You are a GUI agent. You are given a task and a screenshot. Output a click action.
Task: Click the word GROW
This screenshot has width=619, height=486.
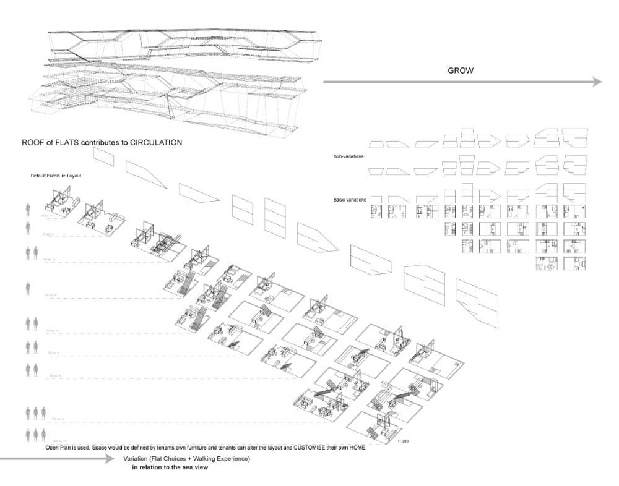click(x=461, y=71)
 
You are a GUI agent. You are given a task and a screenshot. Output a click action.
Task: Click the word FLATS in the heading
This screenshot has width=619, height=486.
click(x=66, y=142)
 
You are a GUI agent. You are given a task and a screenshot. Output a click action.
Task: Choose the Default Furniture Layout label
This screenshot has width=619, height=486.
click(x=56, y=176)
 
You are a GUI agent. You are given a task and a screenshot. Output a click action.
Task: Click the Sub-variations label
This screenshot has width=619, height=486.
click(x=348, y=157)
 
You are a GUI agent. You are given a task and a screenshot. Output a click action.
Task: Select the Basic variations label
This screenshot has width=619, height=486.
click(x=350, y=200)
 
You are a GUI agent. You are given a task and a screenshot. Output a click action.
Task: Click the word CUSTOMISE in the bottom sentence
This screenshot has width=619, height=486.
click(x=307, y=447)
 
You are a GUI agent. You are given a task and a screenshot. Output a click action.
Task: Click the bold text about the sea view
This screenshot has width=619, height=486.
click(x=166, y=468)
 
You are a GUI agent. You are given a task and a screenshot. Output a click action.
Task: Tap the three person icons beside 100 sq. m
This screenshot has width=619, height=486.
click(x=35, y=412)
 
